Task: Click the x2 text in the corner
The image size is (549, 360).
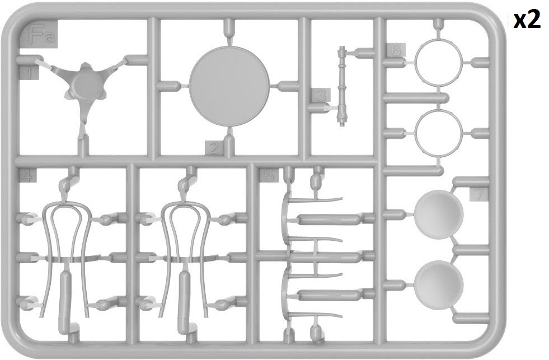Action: tap(527, 20)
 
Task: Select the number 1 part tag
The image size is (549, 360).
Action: tap(29, 73)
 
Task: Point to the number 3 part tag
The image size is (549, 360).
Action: tap(320, 95)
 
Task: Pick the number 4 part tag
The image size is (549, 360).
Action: tap(27, 175)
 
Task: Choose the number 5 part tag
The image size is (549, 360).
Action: tap(269, 175)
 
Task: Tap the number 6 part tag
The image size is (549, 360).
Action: tap(396, 50)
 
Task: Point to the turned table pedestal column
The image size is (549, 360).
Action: tap(342, 86)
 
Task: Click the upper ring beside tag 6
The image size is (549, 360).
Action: tap(438, 62)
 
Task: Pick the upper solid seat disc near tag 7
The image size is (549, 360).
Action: tap(439, 214)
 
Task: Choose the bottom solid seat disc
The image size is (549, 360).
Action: tap(439, 285)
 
